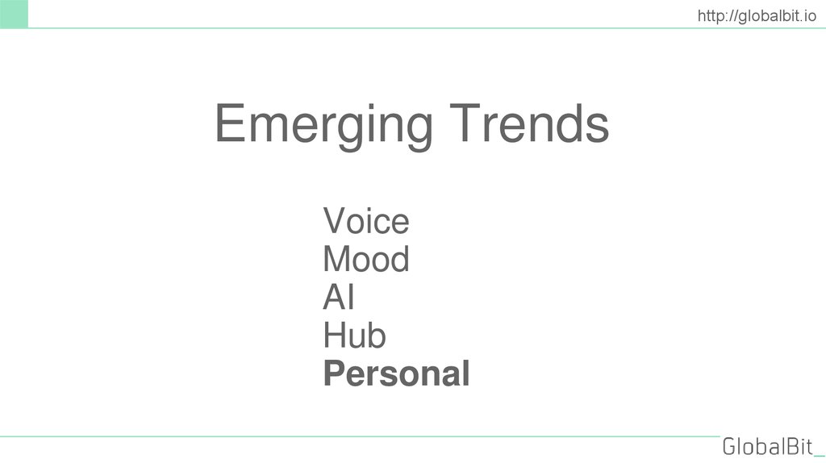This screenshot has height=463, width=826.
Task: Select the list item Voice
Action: (x=365, y=221)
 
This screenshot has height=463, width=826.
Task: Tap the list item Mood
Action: (x=365, y=260)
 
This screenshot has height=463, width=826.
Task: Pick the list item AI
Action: (x=339, y=298)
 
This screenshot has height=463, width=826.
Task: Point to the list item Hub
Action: (x=354, y=336)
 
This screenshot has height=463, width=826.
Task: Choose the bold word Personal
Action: (x=396, y=374)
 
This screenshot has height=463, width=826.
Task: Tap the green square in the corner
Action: (x=14, y=14)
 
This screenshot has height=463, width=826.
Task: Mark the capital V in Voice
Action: (x=335, y=221)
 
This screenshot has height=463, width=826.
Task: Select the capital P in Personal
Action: (x=334, y=374)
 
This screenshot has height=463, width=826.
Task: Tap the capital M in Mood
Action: (x=338, y=260)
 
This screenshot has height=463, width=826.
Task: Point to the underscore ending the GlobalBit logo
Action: (x=819, y=455)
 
